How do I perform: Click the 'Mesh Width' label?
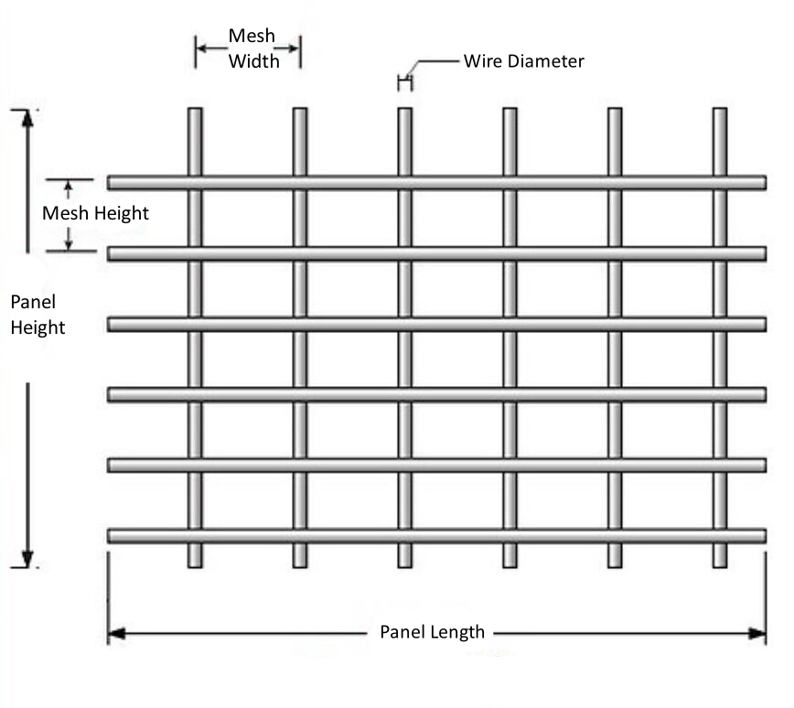pos(253,48)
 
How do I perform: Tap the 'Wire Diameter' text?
pos(523,60)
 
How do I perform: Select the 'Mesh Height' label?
pos(95,213)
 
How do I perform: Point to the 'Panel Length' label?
pos(433,632)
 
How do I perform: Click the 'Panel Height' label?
pos(38,315)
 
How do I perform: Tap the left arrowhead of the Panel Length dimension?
pos(116,634)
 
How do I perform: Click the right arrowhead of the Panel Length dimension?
pos(757,634)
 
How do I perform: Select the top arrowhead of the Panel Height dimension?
pos(27,119)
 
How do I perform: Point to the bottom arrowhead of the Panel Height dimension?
pos(27,559)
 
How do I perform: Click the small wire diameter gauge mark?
pos(405,82)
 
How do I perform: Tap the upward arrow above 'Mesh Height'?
pos(69,190)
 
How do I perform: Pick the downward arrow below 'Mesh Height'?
pos(69,239)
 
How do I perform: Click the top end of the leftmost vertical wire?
pos(195,108)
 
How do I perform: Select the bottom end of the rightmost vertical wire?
pos(720,567)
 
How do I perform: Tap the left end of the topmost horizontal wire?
pos(108,182)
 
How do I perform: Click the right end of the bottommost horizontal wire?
pos(765,536)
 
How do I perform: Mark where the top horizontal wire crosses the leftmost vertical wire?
pos(195,182)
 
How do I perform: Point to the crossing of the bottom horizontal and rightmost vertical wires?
pos(720,536)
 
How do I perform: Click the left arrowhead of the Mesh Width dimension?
pos(201,48)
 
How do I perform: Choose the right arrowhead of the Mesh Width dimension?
pos(294,48)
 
